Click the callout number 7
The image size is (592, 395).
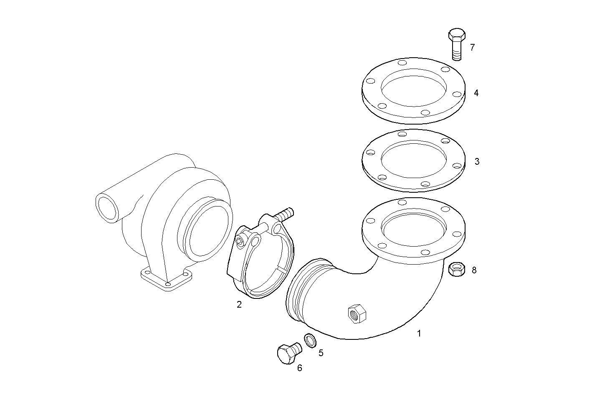click(472, 47)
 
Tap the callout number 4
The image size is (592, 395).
click(476, 93)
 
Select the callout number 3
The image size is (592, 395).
click(477, 161)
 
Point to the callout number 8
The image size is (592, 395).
click(474, 270)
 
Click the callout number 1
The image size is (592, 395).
click(419, 333)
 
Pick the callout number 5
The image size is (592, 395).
click(321, 353)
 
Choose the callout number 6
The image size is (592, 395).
click(299, 368)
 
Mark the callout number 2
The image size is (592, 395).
click(239, 305)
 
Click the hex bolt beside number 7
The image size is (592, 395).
click(457, 43)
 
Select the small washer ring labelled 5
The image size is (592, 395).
click(309, 341)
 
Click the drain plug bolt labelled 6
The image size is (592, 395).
click(288, 353)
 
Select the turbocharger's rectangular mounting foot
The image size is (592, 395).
click(166, 278)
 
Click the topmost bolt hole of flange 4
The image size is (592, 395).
click(402, 63)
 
